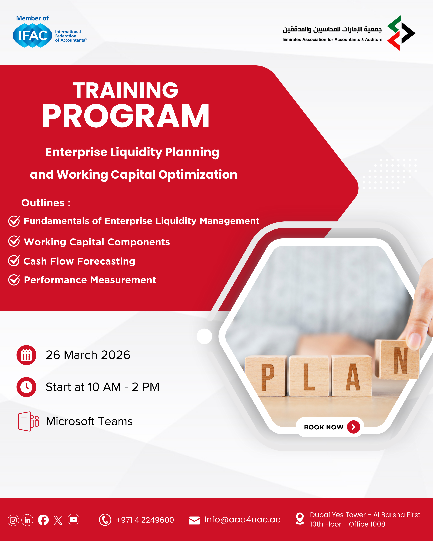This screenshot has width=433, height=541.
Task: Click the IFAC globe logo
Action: click(x=32, y=35)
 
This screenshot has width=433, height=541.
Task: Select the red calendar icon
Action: click(x=26, y=355)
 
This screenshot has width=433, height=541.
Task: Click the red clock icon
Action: click(x=26, y=387)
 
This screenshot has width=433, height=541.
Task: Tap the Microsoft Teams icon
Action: click(x=28, y=421)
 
